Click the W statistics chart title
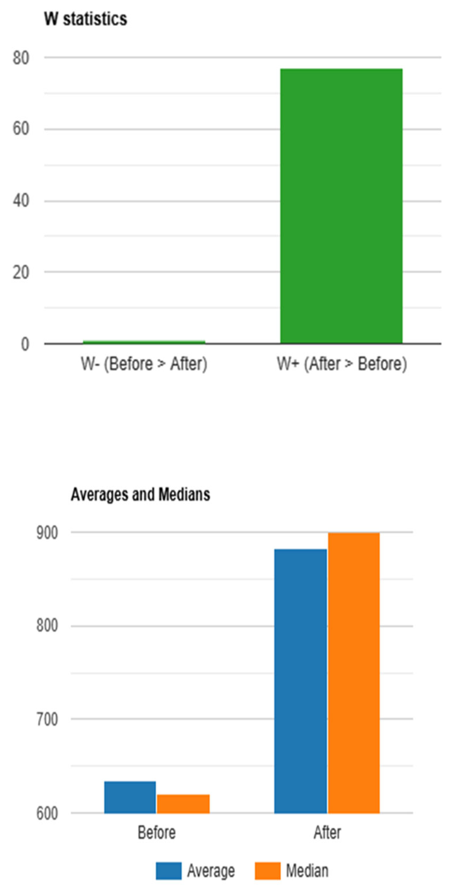(86, 19)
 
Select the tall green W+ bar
(341, 206)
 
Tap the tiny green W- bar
(144, 342)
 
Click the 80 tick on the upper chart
(21, 58)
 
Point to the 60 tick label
(21, 129)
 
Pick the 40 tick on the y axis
(21, 201)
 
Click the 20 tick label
(21, 273)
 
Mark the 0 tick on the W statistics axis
(25, 344)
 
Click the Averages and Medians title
(140, 494)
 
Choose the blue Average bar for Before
(130, 797)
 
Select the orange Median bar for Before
(183, 804)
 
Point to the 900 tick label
(47, 533)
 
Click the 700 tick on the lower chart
(47, 719)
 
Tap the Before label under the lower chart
(156, 833)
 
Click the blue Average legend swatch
(169, 871)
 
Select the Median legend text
(307, 871)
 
